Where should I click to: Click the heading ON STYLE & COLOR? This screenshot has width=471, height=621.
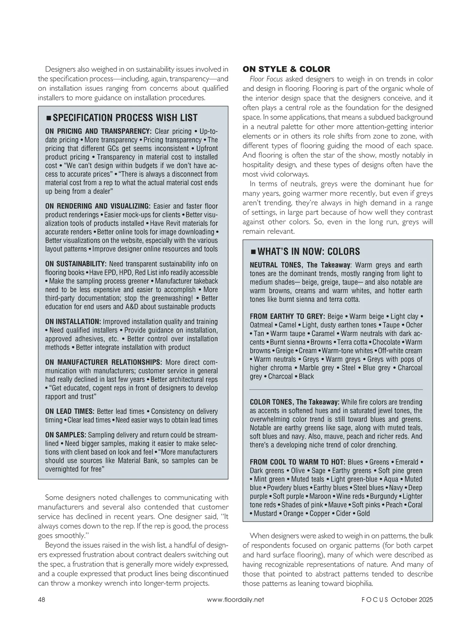point(286,69)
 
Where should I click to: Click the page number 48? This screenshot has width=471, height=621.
point(42,599)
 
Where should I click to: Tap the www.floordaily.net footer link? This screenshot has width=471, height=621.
point(235,599)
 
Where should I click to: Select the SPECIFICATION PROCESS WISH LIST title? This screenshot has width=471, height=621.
point(125,118)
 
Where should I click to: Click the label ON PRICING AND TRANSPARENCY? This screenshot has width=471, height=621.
point(98,131)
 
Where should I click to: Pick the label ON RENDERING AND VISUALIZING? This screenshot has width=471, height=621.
point(98,206)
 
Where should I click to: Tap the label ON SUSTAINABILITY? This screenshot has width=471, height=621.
point(76,264)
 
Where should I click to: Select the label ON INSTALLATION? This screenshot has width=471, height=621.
point(73,321)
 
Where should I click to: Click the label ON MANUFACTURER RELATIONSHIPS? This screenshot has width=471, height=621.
point(104,362)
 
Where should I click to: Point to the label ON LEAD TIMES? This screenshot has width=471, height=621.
point(69,411)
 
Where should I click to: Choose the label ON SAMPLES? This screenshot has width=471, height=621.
point(66,435)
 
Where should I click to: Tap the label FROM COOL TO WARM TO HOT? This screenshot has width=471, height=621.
point(298,462)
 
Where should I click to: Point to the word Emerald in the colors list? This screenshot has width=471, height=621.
point(407,462)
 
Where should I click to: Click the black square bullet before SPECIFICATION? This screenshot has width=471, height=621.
point(49,118)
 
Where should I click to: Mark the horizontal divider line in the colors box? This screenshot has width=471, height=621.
point(336,389)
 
